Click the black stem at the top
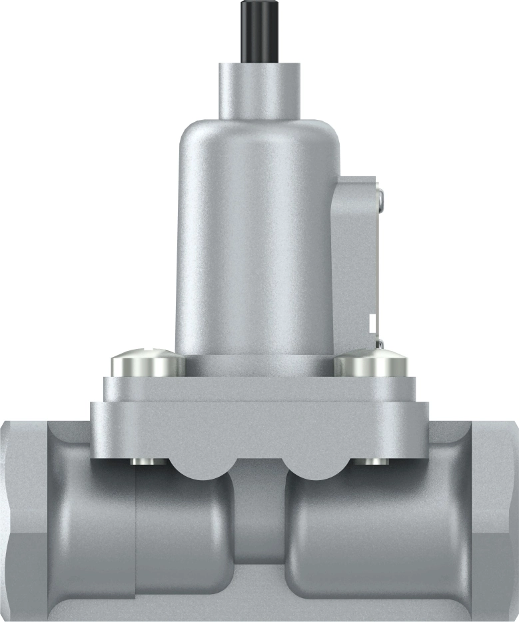pos(259,31)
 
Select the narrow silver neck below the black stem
pos(259,90)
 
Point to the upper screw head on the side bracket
pos(380,197)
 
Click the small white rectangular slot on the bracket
pos(374,323)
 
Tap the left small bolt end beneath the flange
pos(142,462)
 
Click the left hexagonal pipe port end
pos(23,519)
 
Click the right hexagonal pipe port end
pos(496,519)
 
